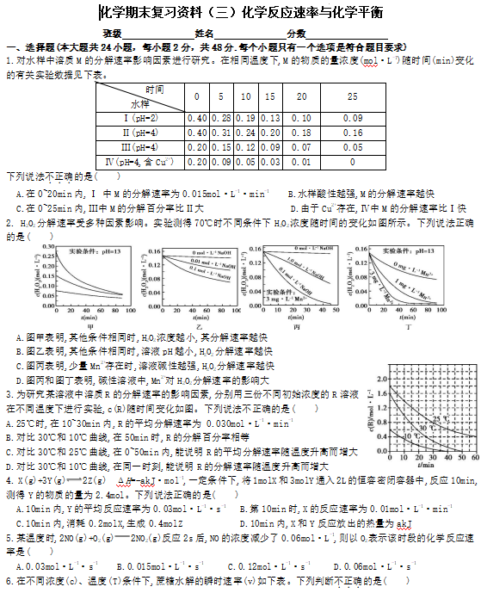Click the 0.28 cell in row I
[221, 118]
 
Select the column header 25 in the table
[352, 97]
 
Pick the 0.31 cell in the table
[221, 133]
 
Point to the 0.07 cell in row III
[300, 147]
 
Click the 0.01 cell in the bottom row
[300, 162]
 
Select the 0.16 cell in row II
[352, 133]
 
